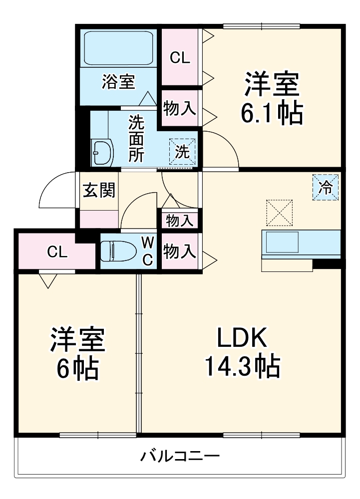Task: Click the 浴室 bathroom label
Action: pos(118,82)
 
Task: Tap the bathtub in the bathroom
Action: pos(118,49)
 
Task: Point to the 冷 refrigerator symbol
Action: pos(326,188)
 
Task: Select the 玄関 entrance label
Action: pos(99,190)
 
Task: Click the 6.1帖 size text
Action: pos(272,114)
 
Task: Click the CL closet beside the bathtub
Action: pos(180,58)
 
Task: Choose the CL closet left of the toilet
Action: pos(57,252)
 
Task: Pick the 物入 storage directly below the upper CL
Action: pos(180,108)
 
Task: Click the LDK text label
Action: pos(242,339)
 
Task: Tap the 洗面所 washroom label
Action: pos(135,139)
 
